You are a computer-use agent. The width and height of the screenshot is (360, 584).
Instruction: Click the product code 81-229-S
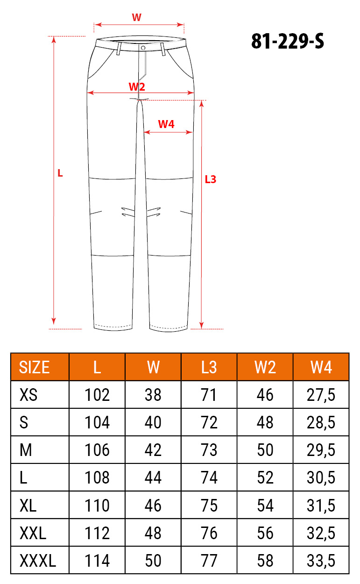tap(288, 41)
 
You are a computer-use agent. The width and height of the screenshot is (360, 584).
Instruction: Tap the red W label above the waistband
tap(137, 17)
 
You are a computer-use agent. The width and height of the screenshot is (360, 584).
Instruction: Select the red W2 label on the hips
tap(137, 86)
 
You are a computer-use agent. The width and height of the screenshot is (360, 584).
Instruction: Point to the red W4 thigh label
tap(166, 124)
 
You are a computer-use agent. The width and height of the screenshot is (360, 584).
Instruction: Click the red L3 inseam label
tap(211, 179)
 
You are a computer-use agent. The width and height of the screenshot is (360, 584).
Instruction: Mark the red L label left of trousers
tap(60, 173)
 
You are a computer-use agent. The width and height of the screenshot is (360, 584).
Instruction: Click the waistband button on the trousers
tap(143, 48)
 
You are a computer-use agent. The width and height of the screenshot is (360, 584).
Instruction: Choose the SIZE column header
tap(34, 368)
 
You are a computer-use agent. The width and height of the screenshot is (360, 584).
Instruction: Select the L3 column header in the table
tap(209, 368)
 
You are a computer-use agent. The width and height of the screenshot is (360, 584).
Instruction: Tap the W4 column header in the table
tap(321, 368)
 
